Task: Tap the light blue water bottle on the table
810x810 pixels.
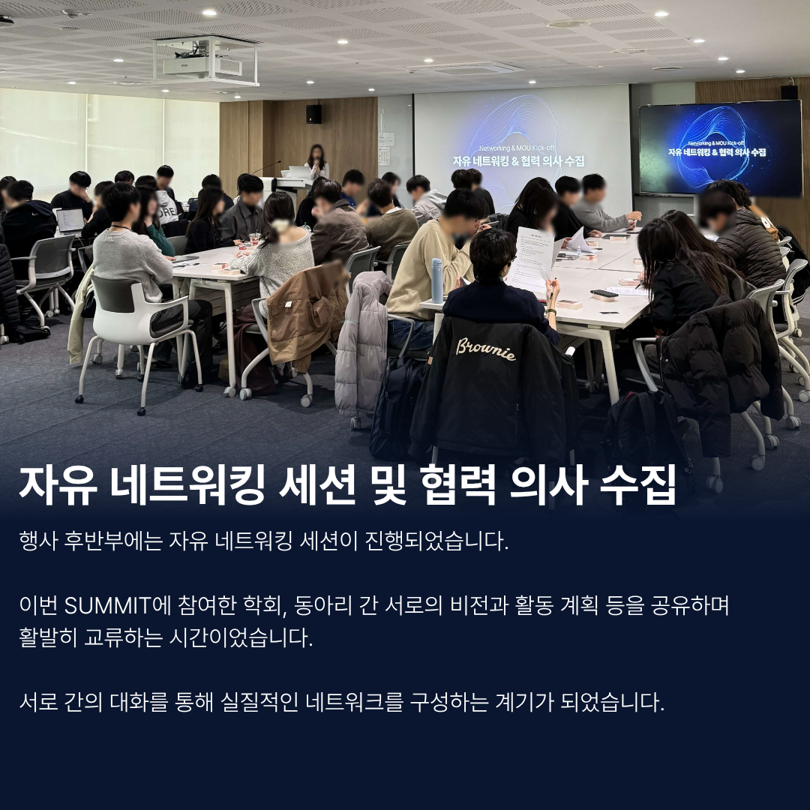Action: (437, 280)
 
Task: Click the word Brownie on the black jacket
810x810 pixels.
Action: (485, 349)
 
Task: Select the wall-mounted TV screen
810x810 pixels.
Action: (720, 148)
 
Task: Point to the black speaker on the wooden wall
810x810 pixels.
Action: (313, 114)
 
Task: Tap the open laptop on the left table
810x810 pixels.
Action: (70, 221)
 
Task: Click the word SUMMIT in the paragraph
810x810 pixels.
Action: (107, 605)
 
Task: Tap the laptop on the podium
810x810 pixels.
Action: (299, 172)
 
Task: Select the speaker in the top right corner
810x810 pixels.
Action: (789, 92)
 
